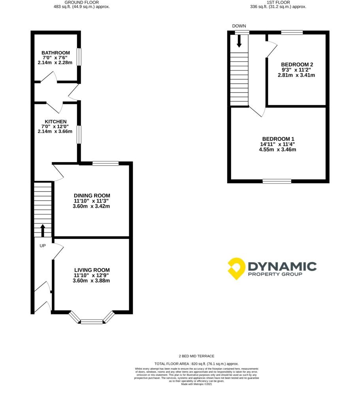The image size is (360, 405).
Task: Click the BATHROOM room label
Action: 56,53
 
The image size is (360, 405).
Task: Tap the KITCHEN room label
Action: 56,122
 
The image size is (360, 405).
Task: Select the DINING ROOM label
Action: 92,196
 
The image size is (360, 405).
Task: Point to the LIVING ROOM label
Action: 92,270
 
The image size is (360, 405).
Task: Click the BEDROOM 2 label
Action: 297,64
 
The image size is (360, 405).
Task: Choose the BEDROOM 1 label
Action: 278,139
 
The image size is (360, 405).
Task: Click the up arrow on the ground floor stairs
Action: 43,231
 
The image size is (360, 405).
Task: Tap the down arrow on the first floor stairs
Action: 239,41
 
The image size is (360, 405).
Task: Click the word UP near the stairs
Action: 43,246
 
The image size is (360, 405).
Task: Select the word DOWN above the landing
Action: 239,26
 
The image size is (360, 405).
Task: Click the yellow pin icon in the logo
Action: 236,269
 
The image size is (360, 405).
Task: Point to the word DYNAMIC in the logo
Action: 282,266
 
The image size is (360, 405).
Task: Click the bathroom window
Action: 79,57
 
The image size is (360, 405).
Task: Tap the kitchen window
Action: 79,134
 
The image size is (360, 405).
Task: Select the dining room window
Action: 106,163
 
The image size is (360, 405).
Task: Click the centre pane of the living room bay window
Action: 92,322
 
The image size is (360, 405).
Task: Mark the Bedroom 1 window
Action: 277,181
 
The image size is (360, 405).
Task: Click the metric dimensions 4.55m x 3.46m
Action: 278,150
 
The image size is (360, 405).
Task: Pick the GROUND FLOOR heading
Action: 81,2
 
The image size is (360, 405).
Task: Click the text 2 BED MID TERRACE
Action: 197,356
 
